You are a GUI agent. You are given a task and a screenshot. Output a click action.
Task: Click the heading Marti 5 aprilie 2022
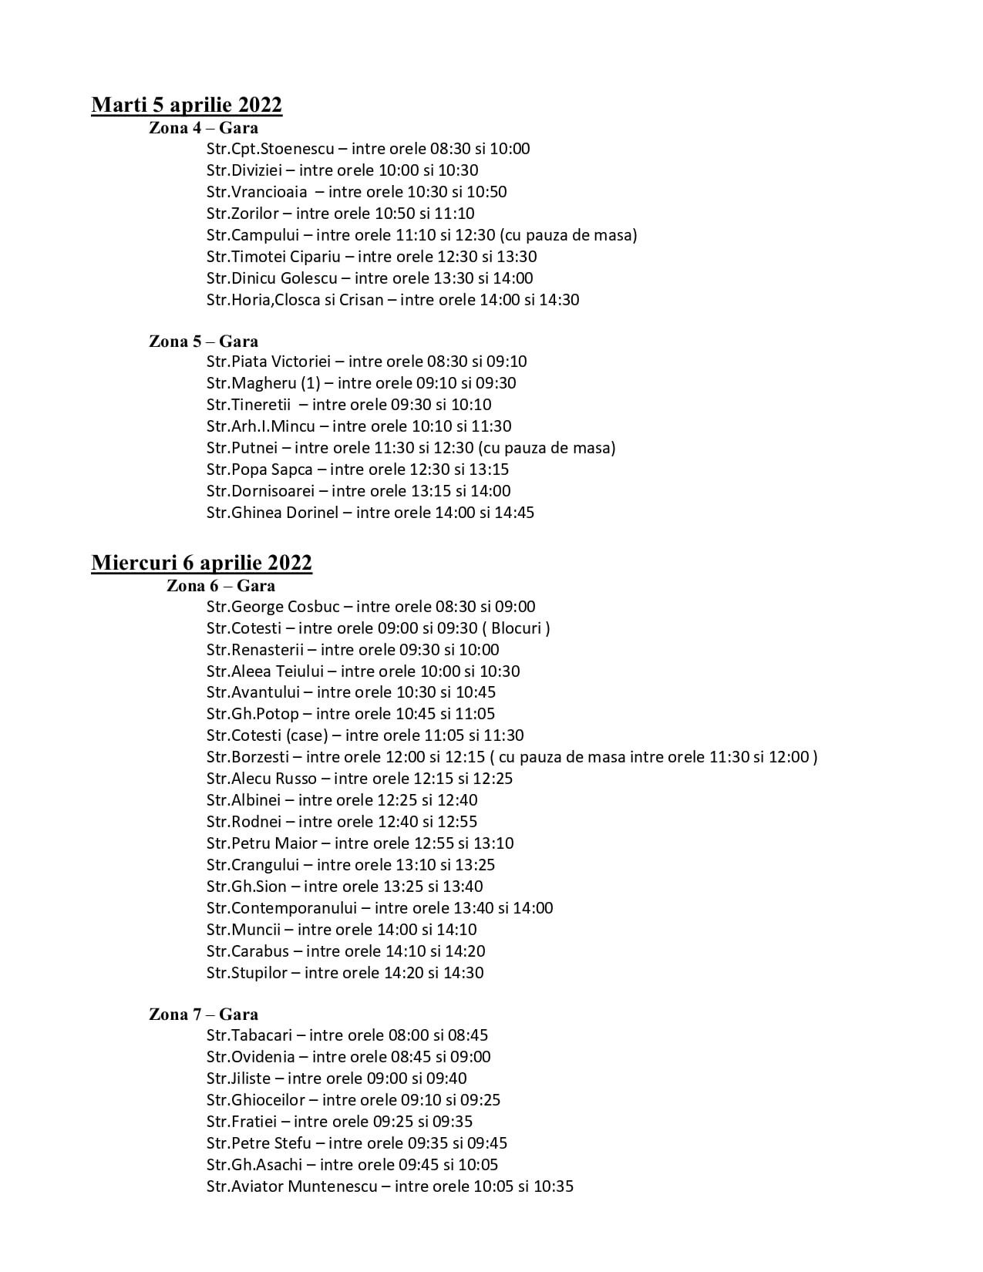point(187,105)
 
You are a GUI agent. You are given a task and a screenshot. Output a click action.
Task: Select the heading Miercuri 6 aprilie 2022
point(201,563)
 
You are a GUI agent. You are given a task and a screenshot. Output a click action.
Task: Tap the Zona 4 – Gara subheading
point(204,128)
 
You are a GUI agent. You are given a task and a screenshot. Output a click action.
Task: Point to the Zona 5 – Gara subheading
point(204,342)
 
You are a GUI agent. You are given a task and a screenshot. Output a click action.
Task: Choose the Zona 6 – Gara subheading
point(221,586)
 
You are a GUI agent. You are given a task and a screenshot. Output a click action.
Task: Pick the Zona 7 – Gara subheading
point(204,1015)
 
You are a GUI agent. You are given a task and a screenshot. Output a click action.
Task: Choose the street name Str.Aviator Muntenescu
point(292,1186)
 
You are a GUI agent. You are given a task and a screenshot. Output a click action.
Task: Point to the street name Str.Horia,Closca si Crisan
point(295,300)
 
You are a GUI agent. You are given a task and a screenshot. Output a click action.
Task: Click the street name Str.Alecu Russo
point(261,779)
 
